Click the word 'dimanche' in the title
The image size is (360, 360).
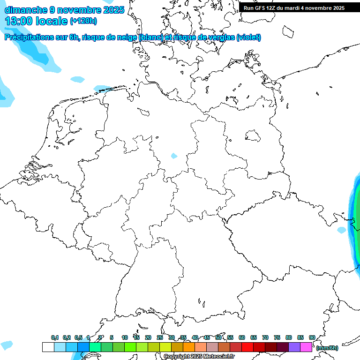coord(26,10)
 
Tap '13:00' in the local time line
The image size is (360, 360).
coord(19,21)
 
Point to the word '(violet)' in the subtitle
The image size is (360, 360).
coord(249,37)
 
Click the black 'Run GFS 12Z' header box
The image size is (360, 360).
coord(294,8)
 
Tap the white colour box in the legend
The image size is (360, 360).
coord(48,347)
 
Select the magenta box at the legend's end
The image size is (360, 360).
coord(306,347)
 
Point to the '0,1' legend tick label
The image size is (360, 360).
coord(55,337)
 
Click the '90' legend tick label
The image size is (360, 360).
coord(312,337)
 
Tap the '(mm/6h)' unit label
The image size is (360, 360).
coord(328,348)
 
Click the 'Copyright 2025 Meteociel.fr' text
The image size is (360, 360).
coord(199,357)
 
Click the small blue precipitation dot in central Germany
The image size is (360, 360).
coord(174,156)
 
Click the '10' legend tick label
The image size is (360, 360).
coord(125,337)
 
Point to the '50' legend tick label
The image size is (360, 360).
coord(218,337)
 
